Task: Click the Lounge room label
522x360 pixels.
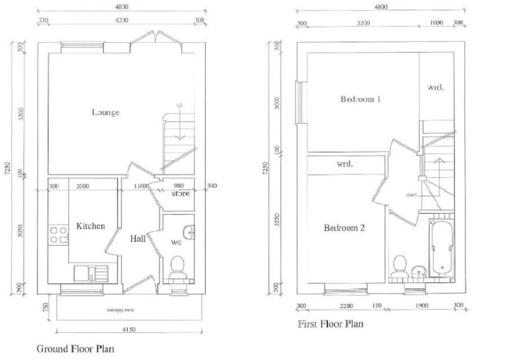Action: (x=105, y=112)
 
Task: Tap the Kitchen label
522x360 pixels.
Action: (x=91, y=226)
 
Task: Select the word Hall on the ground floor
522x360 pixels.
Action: (x=137, y=239)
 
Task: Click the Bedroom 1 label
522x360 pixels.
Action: (x=360, y=99)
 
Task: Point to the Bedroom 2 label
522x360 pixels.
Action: (x=344, y=228)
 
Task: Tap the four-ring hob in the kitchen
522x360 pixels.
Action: (x=59, y=234)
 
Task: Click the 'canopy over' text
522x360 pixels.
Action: (x=120, y=310)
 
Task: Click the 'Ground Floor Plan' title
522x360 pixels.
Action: (x=75, y=349)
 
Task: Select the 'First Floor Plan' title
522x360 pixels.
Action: (x=330, y=324)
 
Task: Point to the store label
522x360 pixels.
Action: (x=180, y=194)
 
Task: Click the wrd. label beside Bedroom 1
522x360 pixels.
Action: (x=436, y=87)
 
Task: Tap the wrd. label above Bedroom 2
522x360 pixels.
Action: (x=345, y=164)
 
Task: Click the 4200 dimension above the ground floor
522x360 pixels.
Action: (x=121, y=21)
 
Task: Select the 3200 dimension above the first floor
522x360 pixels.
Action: (x=363, y=23)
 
